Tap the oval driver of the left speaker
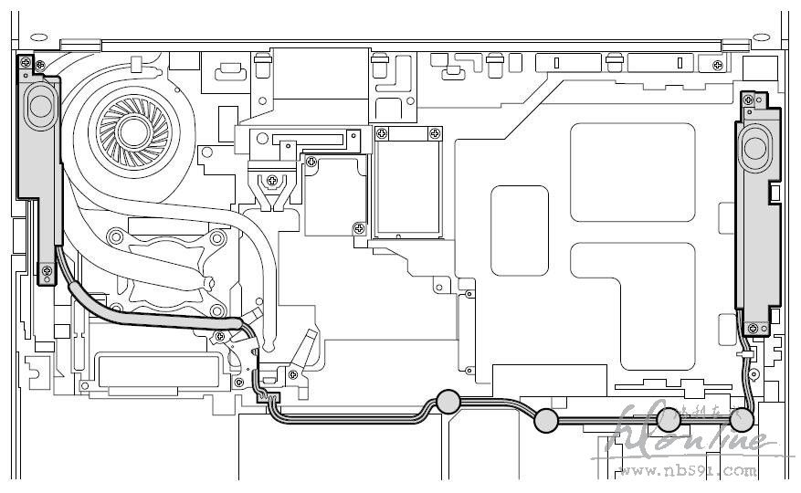click(39, 105)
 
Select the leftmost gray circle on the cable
click(448, 402)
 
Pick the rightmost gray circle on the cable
click(743, 420)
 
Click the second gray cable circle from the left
click(545, 421)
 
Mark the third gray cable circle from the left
click(669, 419)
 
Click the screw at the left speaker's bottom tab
click(46, 270)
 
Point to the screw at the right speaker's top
click(757, 98)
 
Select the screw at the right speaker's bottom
click(754, 326)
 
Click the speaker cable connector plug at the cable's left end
click(266, 393)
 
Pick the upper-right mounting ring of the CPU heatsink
click(219, 238)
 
